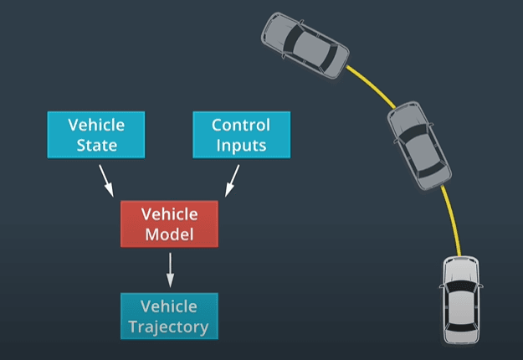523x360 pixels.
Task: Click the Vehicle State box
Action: pos(96,135)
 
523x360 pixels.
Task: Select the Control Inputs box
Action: pos(240,135)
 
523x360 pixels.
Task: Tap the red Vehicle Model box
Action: pos(170,224)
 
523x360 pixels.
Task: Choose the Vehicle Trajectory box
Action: pos(169,316)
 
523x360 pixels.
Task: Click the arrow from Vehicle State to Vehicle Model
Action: pos(106,179)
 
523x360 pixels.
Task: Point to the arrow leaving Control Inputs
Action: pos(232,179)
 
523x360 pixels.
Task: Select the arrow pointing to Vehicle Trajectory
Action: pos(170,270)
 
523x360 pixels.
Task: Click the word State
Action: pos(96,145)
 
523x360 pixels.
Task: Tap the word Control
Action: pos(240,126)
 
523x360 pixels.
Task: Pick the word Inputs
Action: pos(240,145)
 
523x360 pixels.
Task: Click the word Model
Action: pos(170,234)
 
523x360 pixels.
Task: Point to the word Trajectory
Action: pos(169,326)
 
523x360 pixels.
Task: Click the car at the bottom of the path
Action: pos(462,299)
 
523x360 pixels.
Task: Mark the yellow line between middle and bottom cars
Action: pos(452,218)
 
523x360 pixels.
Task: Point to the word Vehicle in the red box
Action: pos(170,214)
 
